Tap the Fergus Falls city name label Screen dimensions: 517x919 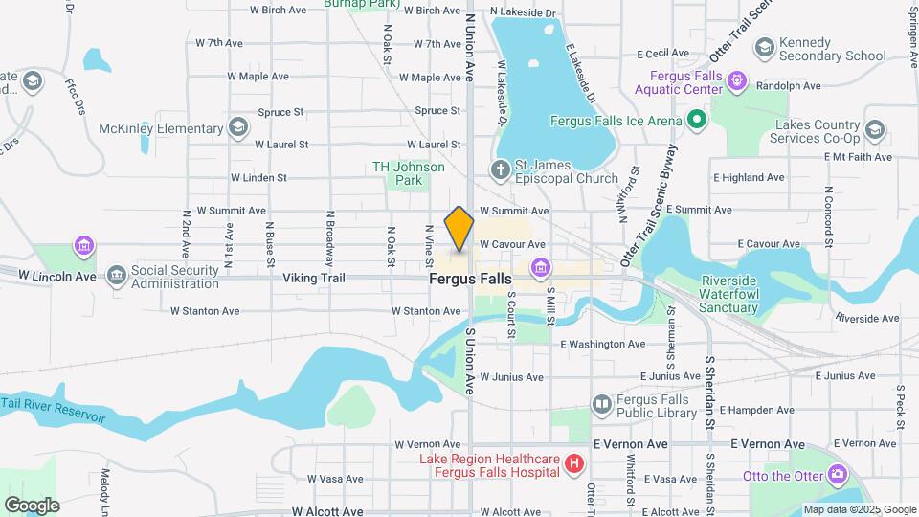tap(469, 279)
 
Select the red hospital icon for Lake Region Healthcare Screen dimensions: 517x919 tap(573, 465)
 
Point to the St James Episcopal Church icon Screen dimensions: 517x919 tap(499, 171)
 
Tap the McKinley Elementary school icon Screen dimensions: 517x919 tap(237, 128)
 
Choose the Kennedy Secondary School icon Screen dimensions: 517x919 tap(764, 48)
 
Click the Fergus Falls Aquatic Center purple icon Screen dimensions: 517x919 tap(737, 81)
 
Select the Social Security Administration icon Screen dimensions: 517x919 tap(116, 278)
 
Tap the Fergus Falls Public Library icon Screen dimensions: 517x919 tap(601, 405)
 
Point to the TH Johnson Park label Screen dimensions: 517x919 tap(409, 173)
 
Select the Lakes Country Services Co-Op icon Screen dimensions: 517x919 tap(874, 130)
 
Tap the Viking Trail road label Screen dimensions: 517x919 tap(313, 279)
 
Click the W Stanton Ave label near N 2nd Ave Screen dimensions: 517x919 tap(205, 311)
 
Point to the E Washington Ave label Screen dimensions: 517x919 tap(603, 344)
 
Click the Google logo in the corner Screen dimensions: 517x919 tap(32, 505)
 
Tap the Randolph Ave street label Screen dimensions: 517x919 tap(789, 85)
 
